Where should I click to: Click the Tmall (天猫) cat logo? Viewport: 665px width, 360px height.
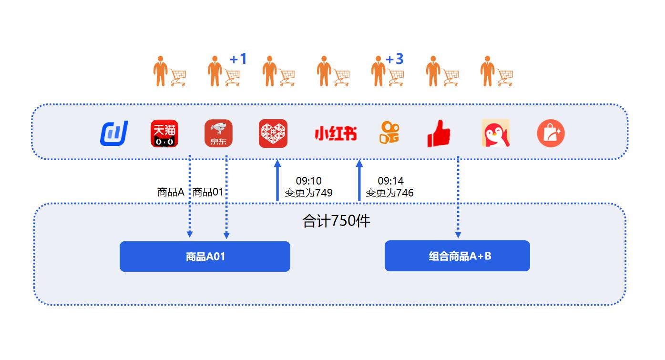(x=164, y=134)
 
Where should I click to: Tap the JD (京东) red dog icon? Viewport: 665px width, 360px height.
(x=218, y=134)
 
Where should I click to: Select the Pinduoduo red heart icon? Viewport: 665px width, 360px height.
(x=273, y=134)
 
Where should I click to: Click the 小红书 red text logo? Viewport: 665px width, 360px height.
(x=336, y=134)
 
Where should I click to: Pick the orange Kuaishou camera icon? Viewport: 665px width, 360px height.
(x=389, y=133)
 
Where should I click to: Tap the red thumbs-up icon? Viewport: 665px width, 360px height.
(x=439, y=134)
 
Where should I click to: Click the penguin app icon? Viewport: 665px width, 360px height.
(x=495, y=133)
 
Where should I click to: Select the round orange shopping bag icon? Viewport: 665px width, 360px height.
(x=551, y=133)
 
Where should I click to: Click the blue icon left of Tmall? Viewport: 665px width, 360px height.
(x=114, y=133)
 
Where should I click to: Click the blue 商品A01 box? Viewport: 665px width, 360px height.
(x=205, y=257)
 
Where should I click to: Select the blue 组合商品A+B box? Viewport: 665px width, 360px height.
(x=457, y=256)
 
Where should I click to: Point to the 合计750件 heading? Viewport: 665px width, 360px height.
(x=336, y=221)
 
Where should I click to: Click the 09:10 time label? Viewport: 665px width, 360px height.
(x=309, y=181)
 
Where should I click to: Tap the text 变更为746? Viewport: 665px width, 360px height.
(x=389, y=193)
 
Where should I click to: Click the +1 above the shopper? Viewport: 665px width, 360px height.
(x=238, y=59)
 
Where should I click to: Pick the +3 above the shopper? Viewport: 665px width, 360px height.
(x=395, y=59)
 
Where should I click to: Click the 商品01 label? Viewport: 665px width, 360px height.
(x=208, y=192)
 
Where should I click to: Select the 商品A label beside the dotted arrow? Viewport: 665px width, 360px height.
(x=171, y=192)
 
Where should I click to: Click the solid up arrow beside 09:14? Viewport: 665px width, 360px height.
(x=359, y=180)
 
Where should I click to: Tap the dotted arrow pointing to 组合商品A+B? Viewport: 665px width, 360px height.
(x=458, y=197)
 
